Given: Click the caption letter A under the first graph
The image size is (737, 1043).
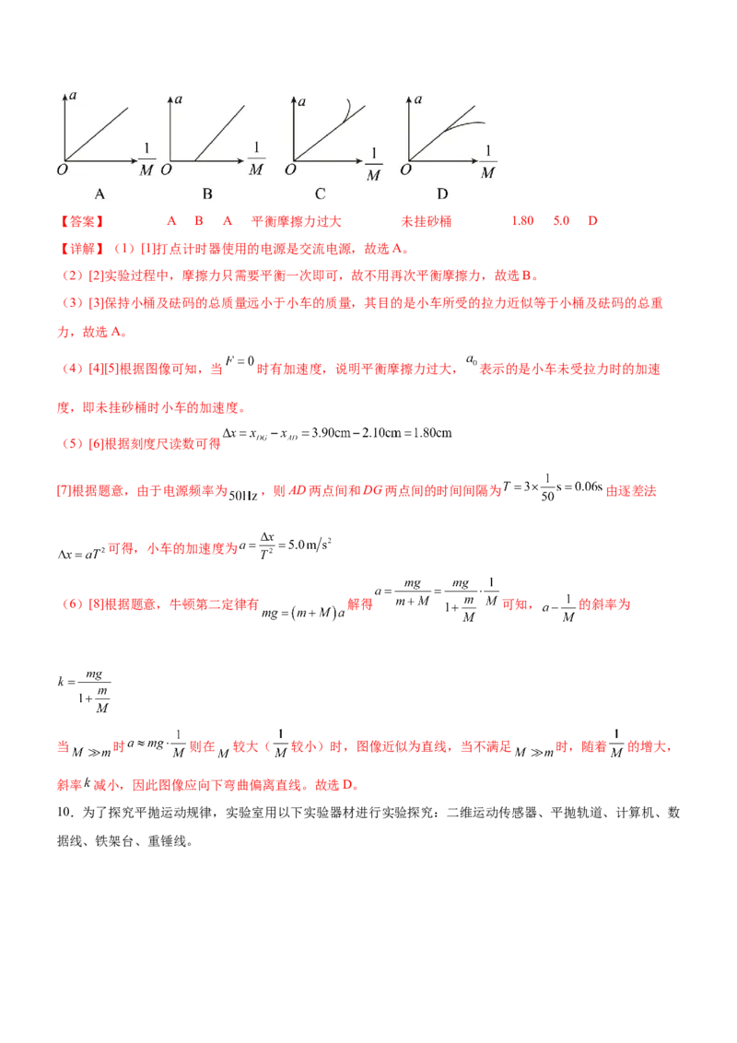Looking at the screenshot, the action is (x=99, y=193).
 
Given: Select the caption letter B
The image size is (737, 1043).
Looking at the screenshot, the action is (x=207, y=193).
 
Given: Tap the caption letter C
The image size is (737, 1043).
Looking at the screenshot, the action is (x=320, y=193).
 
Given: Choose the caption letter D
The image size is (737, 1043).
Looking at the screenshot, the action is (x=442, y=193).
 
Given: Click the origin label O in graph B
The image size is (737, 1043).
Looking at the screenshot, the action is (x=167, y=170).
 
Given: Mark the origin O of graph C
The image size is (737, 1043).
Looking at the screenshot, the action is (x=290, y=170).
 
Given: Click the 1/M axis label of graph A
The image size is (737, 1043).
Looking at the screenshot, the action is (x=146, y=158).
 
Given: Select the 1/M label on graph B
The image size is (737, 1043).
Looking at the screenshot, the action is (x=256, y=158).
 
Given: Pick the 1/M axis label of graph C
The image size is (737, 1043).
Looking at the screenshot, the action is (x=374, y=162).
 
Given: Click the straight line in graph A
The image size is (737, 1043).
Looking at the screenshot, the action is (x=97, y=134).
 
